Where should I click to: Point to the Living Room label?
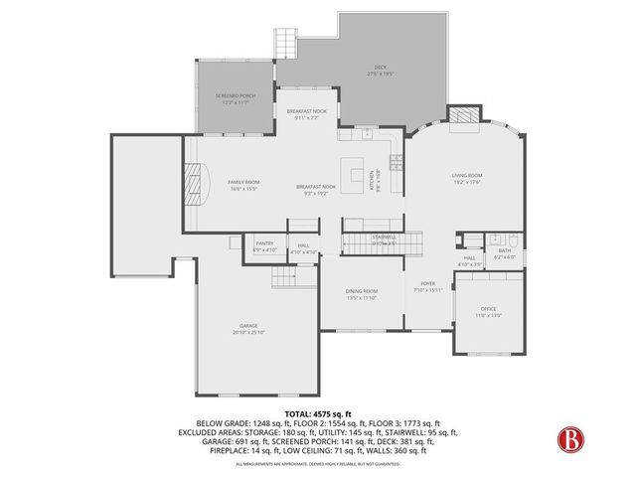click(x=467, y=176)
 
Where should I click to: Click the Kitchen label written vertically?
click(x=373, y=183)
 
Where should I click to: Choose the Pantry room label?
click(x=264, y=242)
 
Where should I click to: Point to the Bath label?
click(x=504, y=250)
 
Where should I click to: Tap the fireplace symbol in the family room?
click(x=201, y=184)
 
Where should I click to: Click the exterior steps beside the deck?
click(x=287, y=42)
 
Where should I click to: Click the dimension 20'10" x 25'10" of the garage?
click(x=248, y=332)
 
